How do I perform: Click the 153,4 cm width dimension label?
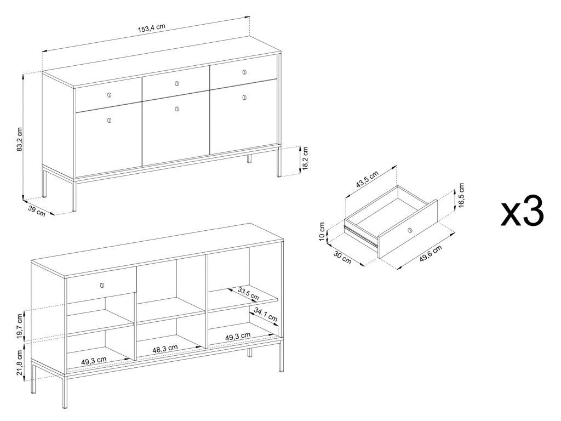pos(152,28)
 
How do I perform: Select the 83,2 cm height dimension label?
pos(20,139)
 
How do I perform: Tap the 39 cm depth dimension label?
pos(37,210)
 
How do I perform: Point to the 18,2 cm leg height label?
pos(305,158)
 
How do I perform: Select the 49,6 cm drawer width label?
pos(431,254)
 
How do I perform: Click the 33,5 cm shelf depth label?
pos(248,294)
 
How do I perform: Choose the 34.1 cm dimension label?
pos(266,314)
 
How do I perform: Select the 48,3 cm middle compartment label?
pos(165,349)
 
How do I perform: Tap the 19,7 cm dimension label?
pos(20,326)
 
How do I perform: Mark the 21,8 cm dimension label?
pos(20,362)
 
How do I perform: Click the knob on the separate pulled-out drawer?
pos(410,230)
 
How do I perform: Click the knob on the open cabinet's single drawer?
pos(102,285)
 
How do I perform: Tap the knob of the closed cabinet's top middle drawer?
pos(177,84)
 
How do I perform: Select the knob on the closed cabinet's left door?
pos(109,120)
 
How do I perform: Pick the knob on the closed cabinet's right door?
pos(244,98)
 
